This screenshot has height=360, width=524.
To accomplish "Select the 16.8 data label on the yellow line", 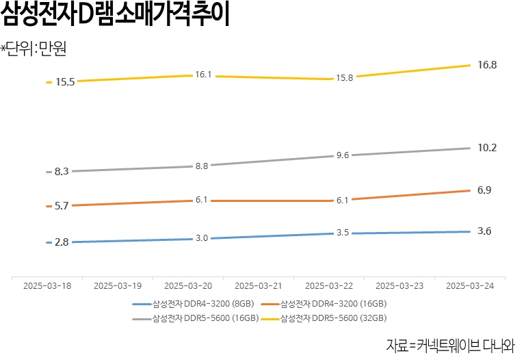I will coord(487,65).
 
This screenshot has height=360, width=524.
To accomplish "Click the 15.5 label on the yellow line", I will coord(66,82).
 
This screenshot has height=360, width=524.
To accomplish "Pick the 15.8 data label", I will coord(343,78).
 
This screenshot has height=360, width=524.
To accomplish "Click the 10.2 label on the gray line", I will coord(487,148).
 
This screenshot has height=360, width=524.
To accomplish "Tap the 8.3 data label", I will coord(62,172).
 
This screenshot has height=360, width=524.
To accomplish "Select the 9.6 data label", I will coord(343,155).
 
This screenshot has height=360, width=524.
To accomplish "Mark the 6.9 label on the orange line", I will coord(484,190).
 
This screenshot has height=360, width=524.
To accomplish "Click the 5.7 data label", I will coord(62,206).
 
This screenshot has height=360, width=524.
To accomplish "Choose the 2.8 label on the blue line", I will coord(62,242).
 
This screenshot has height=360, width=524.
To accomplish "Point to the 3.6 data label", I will coord(484,231).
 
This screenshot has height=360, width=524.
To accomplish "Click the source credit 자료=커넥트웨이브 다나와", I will coord(451,344).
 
